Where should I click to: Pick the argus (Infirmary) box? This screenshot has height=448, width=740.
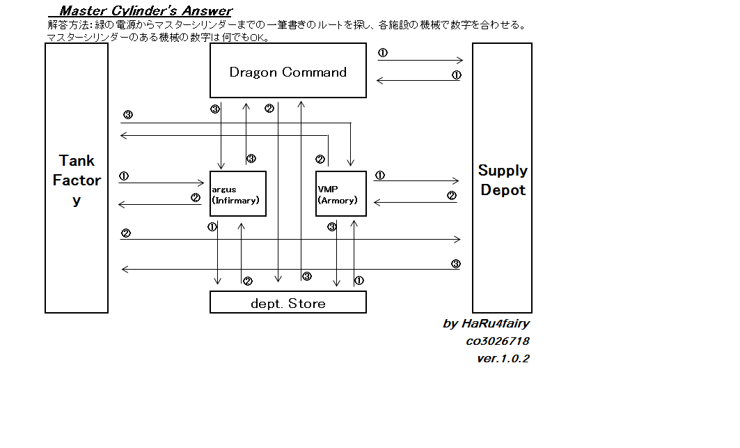238,193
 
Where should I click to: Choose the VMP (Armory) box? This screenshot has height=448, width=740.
341,193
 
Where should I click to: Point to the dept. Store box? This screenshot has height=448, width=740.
288,302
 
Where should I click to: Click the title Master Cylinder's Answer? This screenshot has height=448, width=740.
145,10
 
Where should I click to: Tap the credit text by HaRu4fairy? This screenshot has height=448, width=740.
486,323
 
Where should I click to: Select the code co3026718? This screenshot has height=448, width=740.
497,341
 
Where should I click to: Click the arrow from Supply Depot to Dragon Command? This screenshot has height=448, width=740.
420,81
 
